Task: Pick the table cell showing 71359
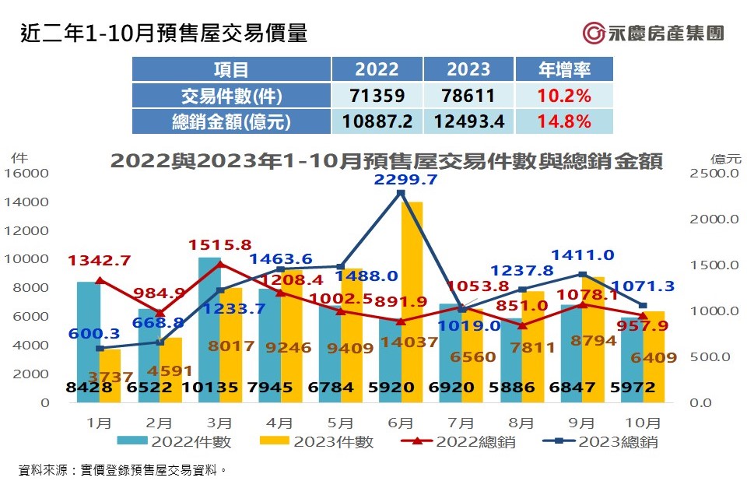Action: (x=377, y=97)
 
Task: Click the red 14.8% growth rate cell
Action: (x=564, y=121)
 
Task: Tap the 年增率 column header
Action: (x=564, y=69)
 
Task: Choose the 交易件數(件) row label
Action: (x=231, y=97)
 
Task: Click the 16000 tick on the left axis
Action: (x=26, y=174)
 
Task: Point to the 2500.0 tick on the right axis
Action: (x=714, y=174)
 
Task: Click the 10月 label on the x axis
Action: (x=644, y=423)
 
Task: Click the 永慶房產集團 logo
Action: (x=654, y=33)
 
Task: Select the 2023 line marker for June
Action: (x=401, y=192)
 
